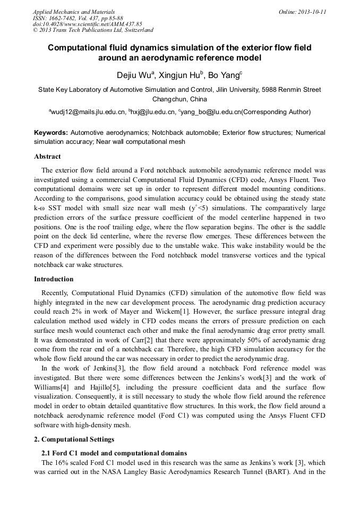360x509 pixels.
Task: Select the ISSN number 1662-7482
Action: point(65,18)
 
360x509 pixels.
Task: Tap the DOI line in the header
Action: point(87,24)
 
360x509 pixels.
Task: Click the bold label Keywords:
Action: point(51,133)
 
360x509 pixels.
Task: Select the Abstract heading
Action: point(47,157)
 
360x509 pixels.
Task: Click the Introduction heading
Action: point(54,279)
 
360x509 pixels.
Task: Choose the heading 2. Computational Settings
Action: point(74,439)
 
